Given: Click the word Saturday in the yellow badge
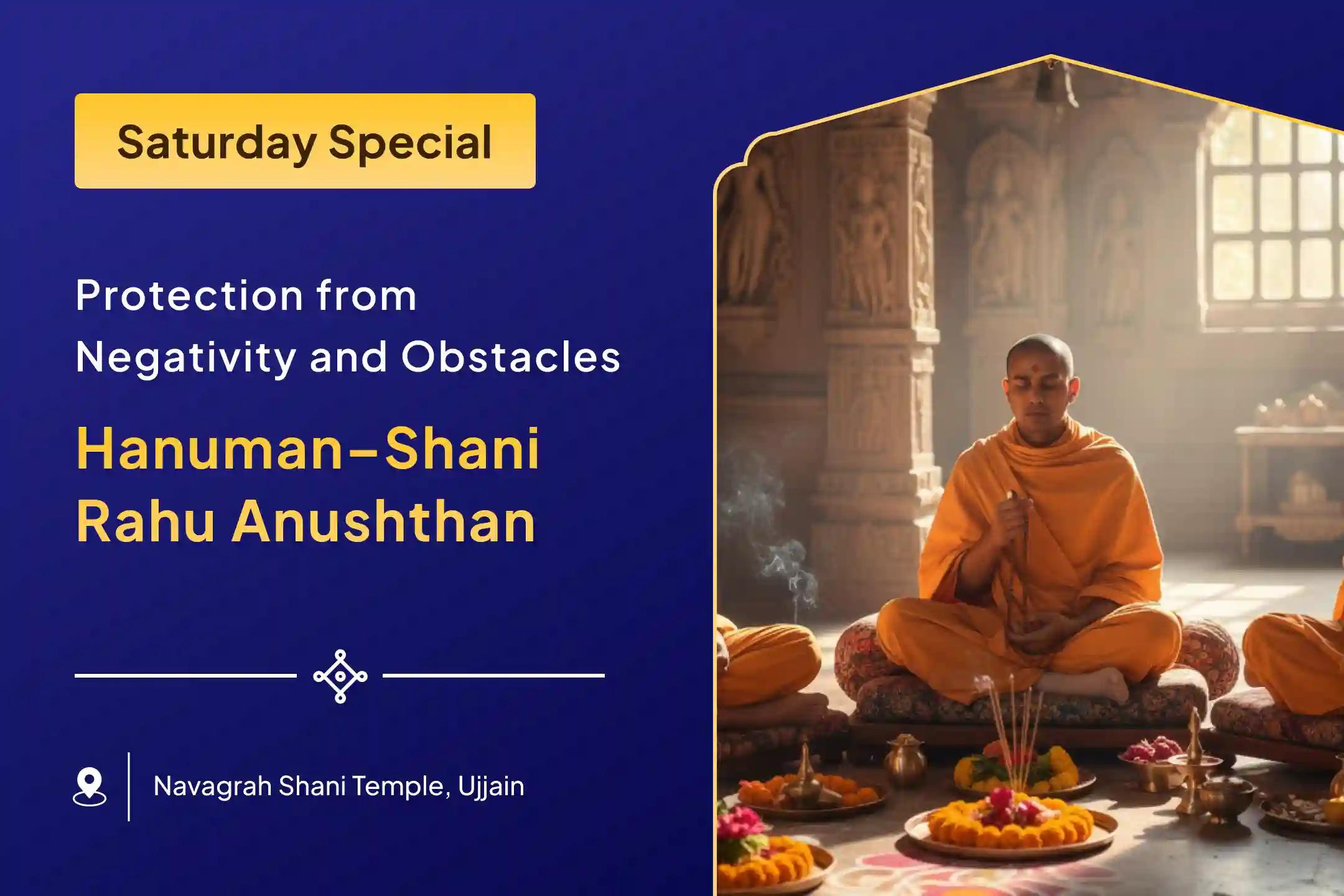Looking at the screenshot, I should click(x=217, y=142).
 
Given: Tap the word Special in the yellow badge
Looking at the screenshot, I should click(x=410, y=142).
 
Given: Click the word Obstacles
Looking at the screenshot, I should click(x=510, y=357).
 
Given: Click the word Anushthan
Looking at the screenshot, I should click(x=383, y=523).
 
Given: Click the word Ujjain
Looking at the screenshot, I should click(x=491, y=787).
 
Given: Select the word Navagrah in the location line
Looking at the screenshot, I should click(x=212, y=787).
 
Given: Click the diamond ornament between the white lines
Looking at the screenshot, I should click(x=340, y=676).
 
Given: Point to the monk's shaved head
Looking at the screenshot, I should click(x=1039, y=352).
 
